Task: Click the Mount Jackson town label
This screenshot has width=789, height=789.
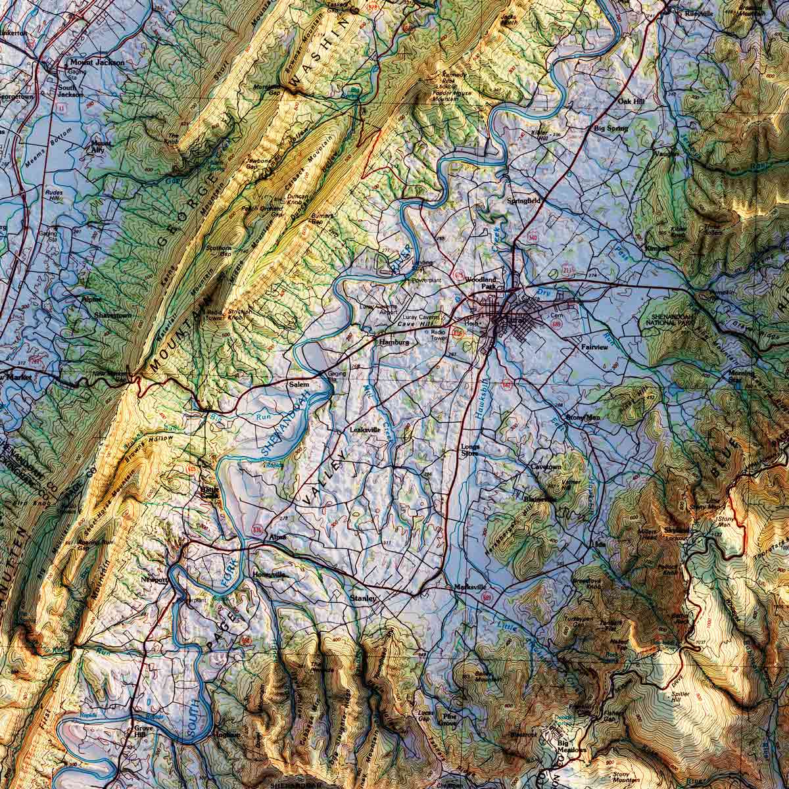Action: (95, 62)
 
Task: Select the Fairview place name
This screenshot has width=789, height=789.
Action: (595, 347)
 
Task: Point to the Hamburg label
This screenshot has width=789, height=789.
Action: (394, 343)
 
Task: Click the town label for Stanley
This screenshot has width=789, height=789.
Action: (363, 598)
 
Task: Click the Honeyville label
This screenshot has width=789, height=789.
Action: (270, 575)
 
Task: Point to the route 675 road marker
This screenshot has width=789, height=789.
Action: (460, 272)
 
